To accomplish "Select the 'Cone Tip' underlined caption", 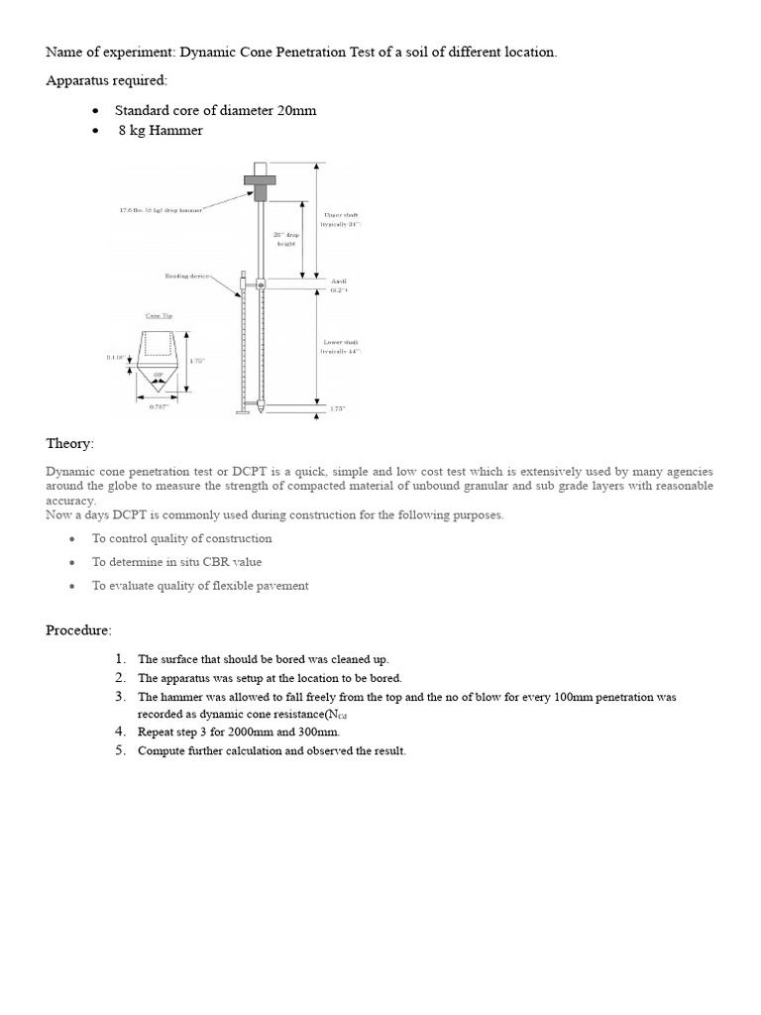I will point(159,316).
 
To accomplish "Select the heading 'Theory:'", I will point(70,443).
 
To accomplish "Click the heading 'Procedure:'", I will point(79,630).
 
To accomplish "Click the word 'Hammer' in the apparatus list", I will point(177,130).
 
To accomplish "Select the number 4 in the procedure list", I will point(119,732).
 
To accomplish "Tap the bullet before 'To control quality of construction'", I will point(73,538).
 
